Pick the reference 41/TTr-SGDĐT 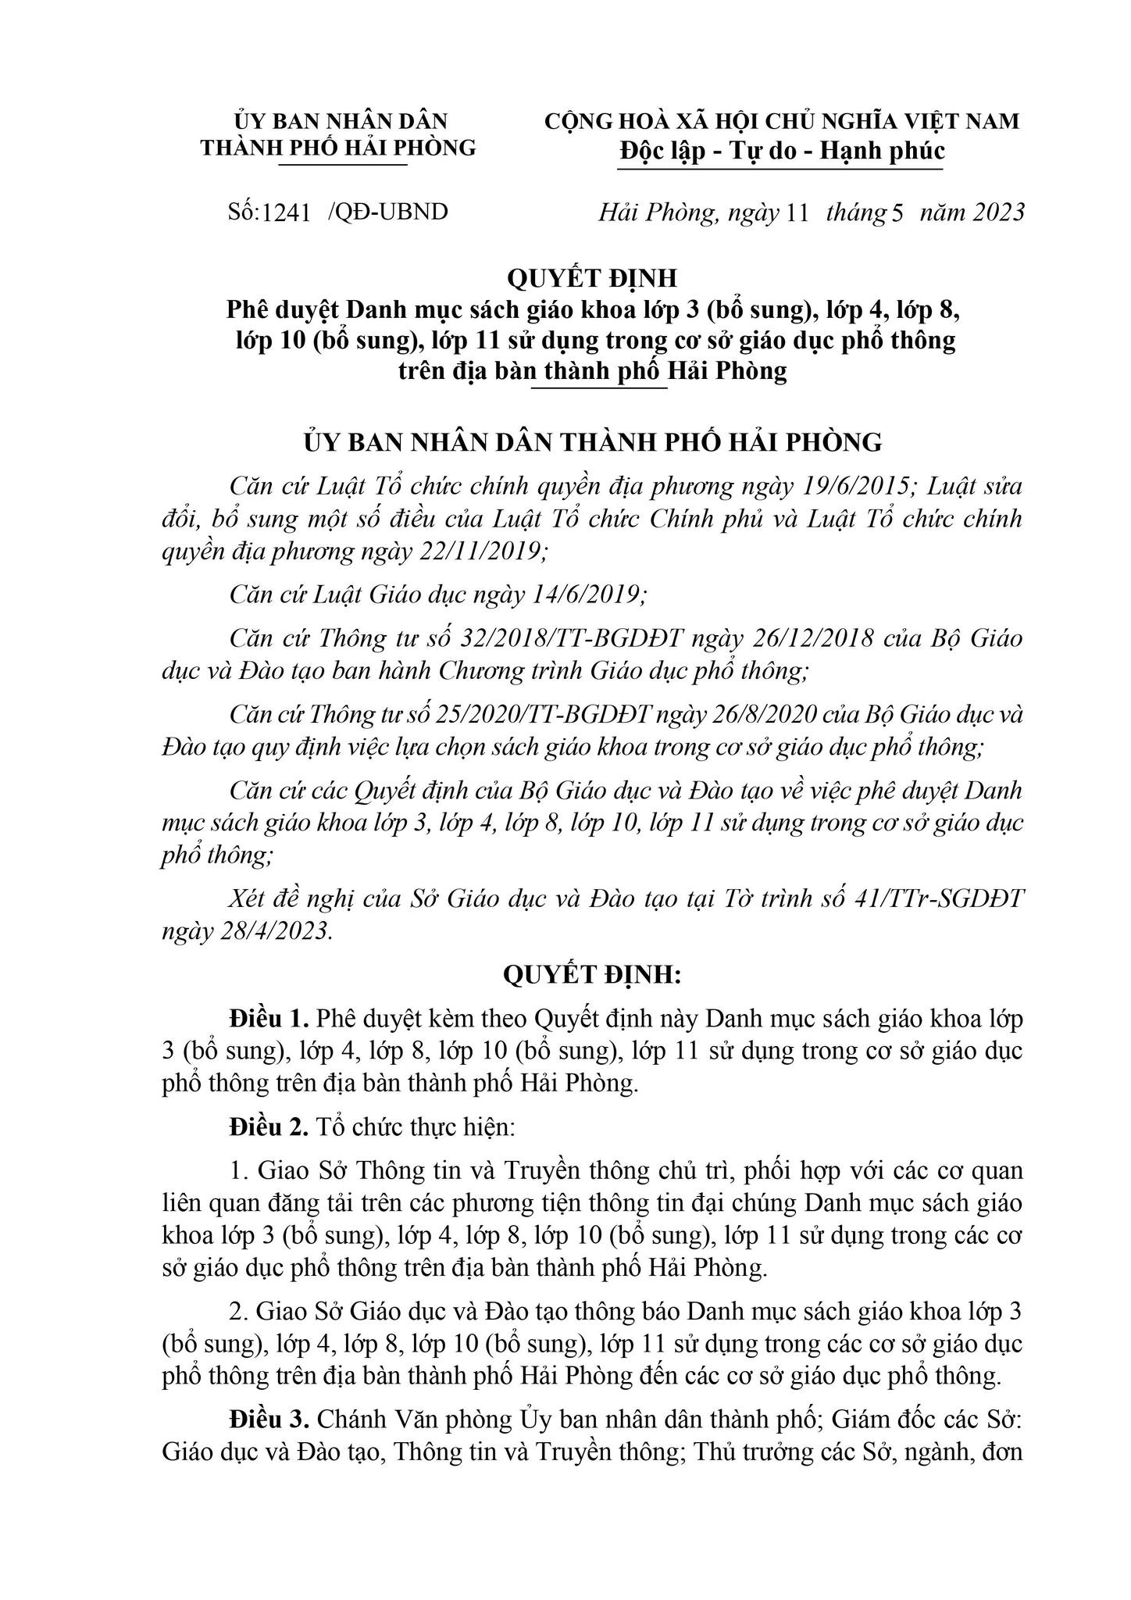pos(938,899)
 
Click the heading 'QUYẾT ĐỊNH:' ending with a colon pos(593,974)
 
